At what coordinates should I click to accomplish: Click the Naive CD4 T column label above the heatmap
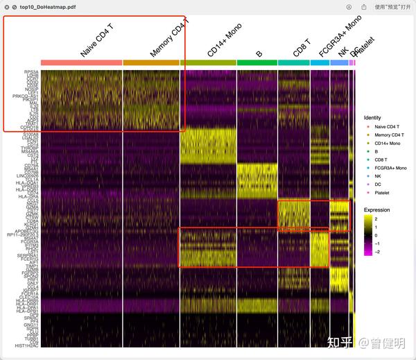pyautogui.click(x=97, y=42)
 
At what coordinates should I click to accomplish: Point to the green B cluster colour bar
pyautogui.click(x=257, y=62)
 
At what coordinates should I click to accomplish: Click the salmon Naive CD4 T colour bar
pyautogui.click(x=81, y=62)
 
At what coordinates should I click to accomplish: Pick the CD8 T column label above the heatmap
pyautogui.click(x=302, y=47)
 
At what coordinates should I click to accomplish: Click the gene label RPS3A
pyautogui.click(x=31, y=72)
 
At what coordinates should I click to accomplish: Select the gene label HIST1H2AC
pyautogui.click(x=26, y=345)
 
